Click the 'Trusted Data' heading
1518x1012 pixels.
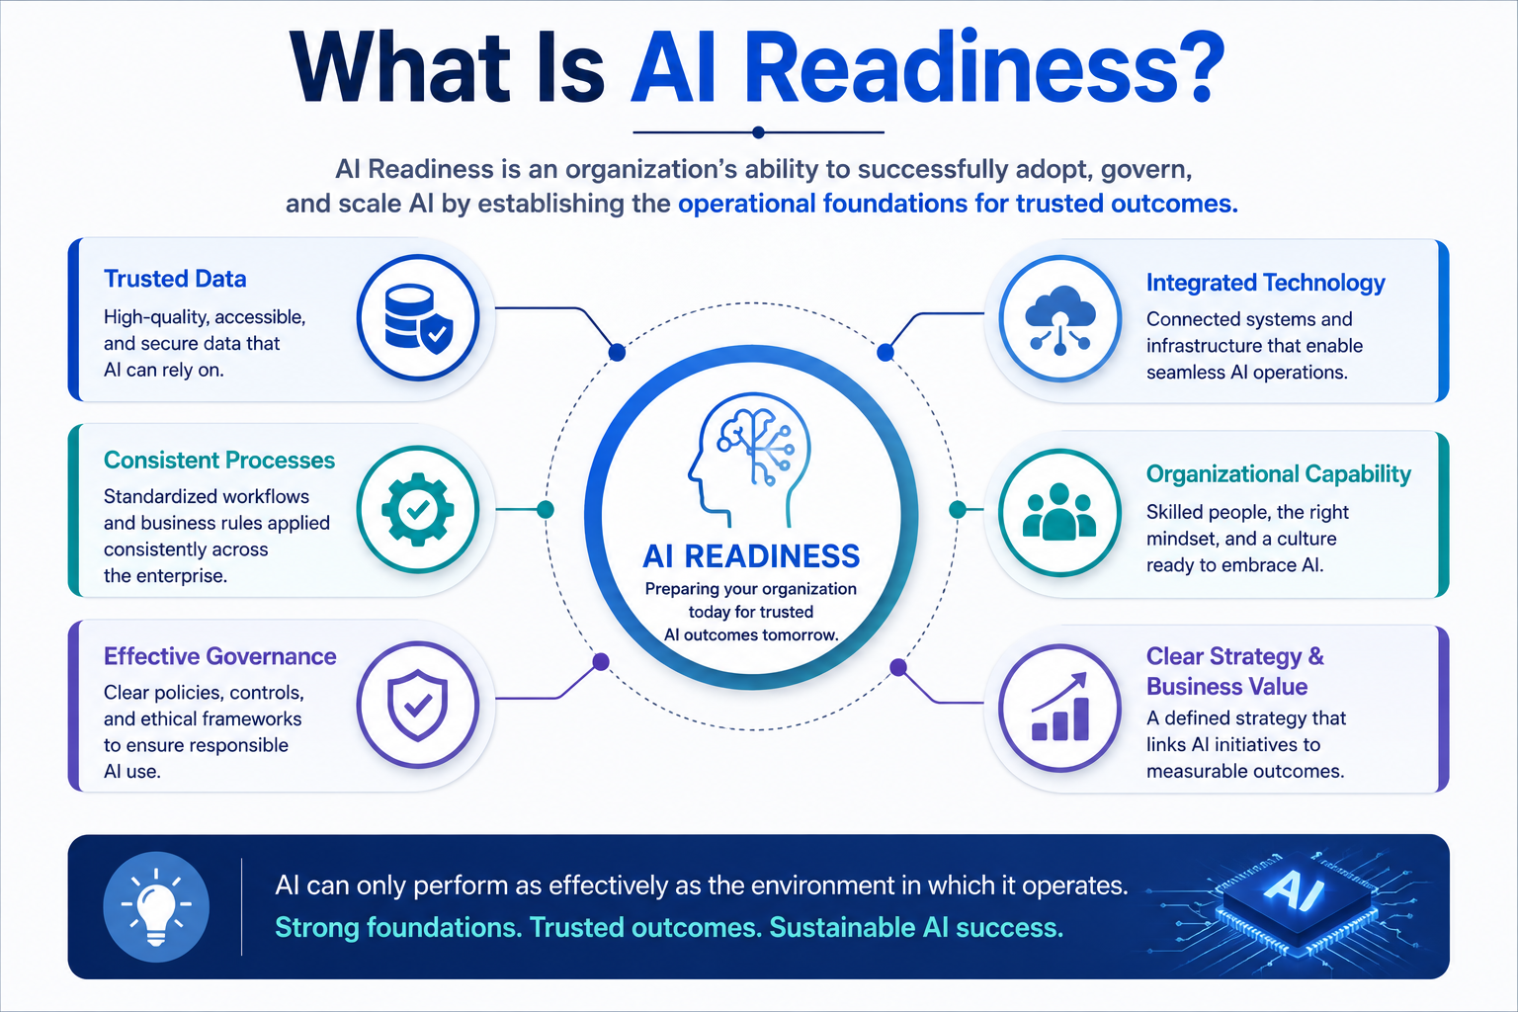(175, 279)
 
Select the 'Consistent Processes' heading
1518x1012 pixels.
(218, 461)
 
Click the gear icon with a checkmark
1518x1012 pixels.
(418, 509)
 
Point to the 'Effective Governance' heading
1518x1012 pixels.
(219, 656)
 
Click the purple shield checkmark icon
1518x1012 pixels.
(418, 705)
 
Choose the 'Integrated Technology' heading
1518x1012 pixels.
(1265, 283)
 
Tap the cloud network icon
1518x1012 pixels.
(1059, 318)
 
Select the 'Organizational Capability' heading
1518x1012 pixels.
(1278, 473)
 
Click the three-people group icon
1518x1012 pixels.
(1059, 513)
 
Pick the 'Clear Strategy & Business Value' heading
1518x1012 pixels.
(1234, 671)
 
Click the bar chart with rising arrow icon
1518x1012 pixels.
(1059, 708)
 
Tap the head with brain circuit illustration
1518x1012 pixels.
(749, 460)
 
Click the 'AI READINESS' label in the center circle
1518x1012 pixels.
(751, 556)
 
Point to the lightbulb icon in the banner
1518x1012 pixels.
(156, 907)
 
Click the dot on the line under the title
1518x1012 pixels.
(758, 132)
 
